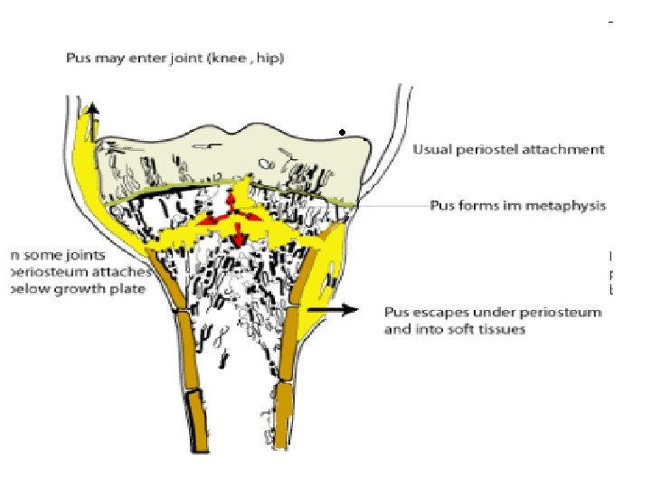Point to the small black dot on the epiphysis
tap(342, 134)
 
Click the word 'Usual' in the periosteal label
tap(430, 149)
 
